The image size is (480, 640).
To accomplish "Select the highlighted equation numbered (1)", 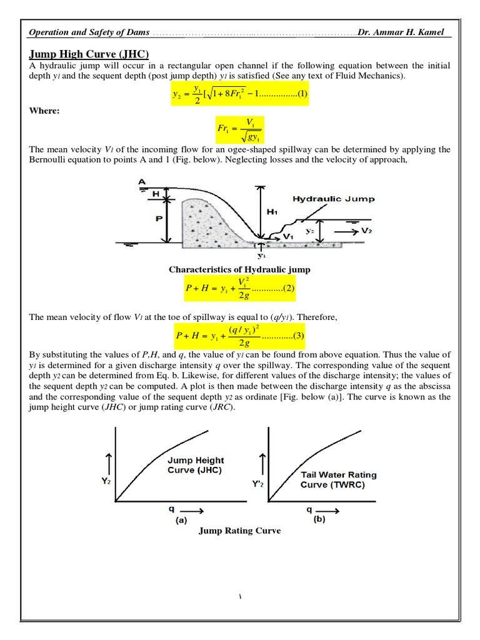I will (240, 96).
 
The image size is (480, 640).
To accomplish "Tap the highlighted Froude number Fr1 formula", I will (240, 129).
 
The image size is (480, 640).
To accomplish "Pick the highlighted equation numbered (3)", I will (240, 336).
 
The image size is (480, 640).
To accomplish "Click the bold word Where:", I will (46, 111).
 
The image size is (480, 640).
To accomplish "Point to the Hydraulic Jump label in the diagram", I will (334, 199).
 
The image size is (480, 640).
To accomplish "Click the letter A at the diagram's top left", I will (142, 182).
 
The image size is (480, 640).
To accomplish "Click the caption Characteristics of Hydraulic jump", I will (240, 269).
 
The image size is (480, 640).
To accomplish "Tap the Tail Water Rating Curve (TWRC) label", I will (338, 479).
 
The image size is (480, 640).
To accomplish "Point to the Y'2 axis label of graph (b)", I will (257, 484).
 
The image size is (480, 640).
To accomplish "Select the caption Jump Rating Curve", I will (240, 531).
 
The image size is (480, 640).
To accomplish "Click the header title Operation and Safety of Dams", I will (91, 32).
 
